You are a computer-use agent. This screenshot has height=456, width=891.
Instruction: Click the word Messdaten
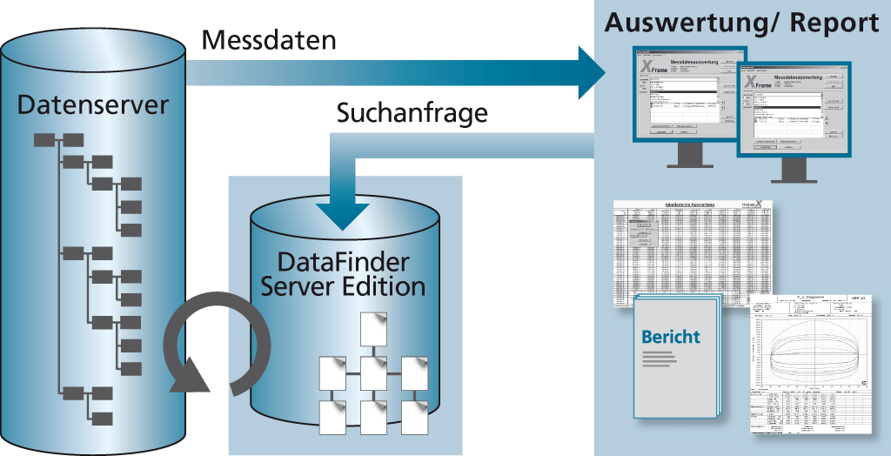pos(269,41)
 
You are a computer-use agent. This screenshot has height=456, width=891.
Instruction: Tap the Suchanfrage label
pos(412,114)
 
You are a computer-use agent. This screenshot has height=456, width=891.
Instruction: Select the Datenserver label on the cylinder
pos(93,106)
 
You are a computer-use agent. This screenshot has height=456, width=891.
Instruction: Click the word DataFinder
pos(343,261)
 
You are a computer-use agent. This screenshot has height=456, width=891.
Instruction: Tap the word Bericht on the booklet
pos(670,337)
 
